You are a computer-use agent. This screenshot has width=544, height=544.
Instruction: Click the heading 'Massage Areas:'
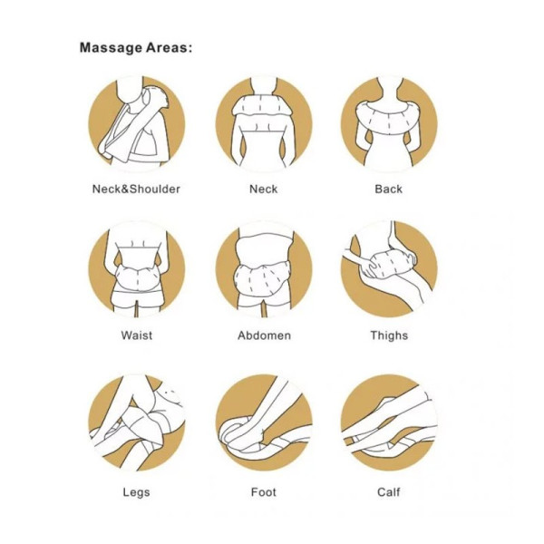136,47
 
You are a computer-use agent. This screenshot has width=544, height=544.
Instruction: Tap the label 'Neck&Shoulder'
136,189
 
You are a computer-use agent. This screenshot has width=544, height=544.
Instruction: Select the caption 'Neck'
263,189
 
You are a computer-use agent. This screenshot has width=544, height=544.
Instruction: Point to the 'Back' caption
388,189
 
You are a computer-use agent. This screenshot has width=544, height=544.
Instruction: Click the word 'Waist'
136,335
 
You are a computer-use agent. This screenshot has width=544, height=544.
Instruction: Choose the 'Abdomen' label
264,335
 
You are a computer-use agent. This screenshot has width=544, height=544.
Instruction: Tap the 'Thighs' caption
389,335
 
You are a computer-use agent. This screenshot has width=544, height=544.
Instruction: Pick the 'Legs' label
136,492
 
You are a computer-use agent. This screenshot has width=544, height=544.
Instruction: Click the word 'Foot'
263,492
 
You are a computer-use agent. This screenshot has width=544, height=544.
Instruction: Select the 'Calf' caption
388,492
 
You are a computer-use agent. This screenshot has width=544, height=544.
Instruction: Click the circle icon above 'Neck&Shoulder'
137,123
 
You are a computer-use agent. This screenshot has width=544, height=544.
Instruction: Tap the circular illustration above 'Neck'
263,123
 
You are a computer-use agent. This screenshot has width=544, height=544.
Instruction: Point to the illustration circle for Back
388,123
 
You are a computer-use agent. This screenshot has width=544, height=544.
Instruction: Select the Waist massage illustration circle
137,267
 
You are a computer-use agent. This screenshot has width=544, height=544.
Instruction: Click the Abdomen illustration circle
263,267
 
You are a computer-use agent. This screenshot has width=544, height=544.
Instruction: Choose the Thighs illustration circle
388,267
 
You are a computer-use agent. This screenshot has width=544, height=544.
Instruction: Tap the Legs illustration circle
137,422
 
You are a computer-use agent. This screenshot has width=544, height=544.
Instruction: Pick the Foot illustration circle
263,422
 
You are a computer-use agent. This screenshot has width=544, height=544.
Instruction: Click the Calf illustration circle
388,422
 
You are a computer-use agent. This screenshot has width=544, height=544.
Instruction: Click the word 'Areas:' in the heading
166,47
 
